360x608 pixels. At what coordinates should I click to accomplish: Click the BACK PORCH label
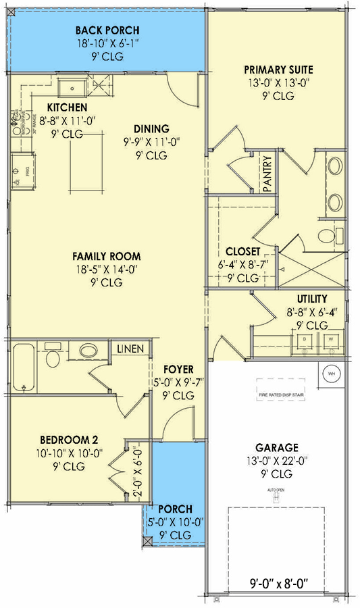tap(107, 30)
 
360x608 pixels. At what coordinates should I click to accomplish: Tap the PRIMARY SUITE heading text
tap(278, 70)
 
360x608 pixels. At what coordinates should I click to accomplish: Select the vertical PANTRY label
tap(267, 174)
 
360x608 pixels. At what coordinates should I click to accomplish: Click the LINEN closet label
tap(130, 349)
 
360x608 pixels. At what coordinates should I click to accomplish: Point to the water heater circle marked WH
tap(331, 373)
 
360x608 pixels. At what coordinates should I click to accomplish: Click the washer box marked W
tap(332, 342)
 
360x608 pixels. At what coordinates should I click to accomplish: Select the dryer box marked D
tap(305, 342)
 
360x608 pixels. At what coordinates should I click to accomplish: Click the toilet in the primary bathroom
tap(328, 236)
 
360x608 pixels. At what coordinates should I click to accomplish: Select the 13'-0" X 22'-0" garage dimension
tap(276, 461)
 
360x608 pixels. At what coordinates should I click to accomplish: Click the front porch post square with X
tap(147, 541)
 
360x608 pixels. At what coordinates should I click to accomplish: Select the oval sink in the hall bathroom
tap(88, 351)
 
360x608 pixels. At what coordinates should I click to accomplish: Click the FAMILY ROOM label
tap(107, 256)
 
